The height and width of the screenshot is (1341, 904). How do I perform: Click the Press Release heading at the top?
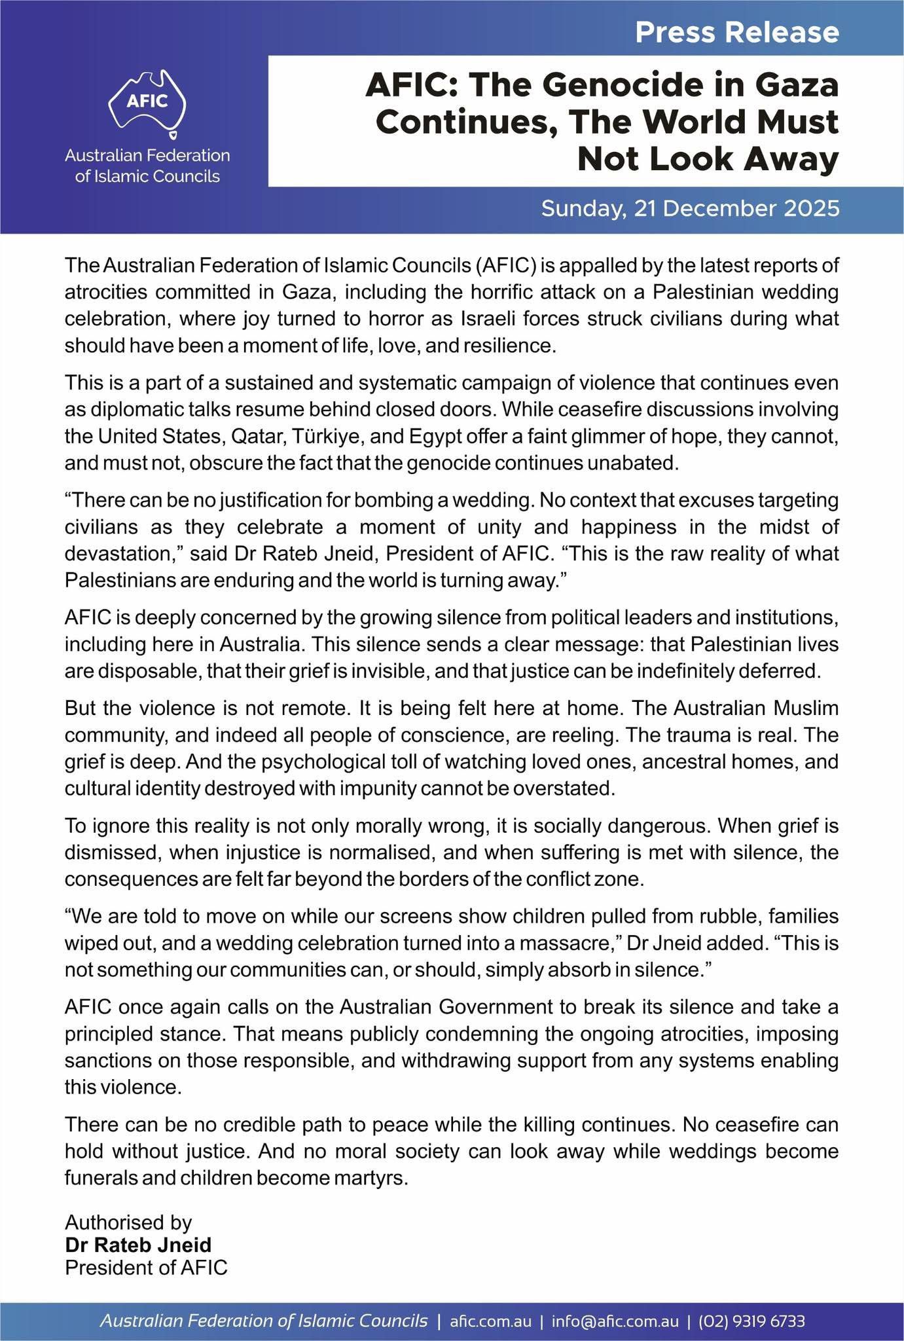pos(736,32)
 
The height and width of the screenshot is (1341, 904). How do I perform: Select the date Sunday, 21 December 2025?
pos(690,209)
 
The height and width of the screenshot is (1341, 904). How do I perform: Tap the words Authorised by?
pos(128,1222)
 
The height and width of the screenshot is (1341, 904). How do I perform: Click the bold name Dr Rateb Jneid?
pos(138,1245)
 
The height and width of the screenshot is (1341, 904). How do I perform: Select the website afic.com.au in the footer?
pos(491,1321)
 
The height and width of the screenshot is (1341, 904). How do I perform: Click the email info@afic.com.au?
pos(615,1321)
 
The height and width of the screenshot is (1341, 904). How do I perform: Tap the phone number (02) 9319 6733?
pos(751,1321)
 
